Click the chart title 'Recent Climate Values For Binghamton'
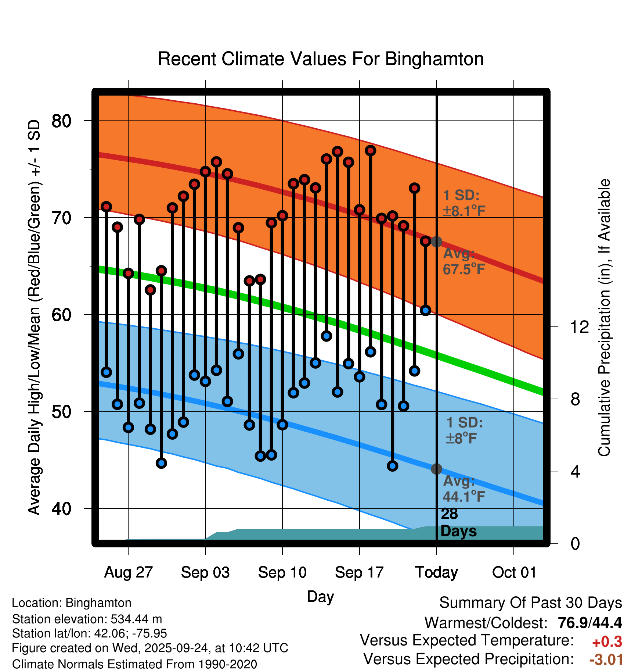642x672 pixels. tap(321, 59)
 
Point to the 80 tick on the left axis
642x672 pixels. tap(61, 121)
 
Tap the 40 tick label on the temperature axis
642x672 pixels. tap(61, 509)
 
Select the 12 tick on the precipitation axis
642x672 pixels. tap(580, 327)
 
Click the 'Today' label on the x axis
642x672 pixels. tap(436, 572)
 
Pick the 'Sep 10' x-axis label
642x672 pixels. tap(282, 572)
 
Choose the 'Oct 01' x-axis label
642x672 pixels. tap(514, 572)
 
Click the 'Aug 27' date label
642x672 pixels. tap(128, 572)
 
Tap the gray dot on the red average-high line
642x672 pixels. tap(436, 242)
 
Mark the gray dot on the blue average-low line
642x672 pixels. tap(436, 469)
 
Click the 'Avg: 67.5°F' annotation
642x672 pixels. tap(464, 262)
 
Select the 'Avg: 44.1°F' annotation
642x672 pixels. tap(464, 489)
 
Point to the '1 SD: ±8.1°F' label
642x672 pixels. tap(464, 203)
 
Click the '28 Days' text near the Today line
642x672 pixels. tap(458, 522)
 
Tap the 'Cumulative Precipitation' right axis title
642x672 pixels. tap(604, 318)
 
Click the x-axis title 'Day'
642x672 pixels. tap(320, 597)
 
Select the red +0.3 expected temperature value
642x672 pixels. tap(607, 642)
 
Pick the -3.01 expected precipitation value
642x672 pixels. tap(606, 660)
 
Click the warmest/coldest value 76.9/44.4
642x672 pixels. tap(590, 623)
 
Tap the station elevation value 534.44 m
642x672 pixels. tap(136, 619)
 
